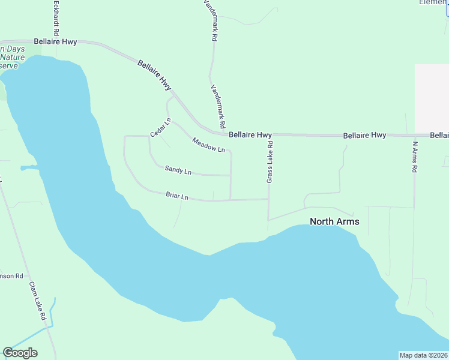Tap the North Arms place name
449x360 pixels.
334,221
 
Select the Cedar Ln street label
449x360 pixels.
161,127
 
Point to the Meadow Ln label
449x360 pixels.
208,145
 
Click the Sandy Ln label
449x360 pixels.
178,171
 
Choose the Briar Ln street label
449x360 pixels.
177,196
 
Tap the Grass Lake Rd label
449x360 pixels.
270,161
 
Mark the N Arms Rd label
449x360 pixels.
414,157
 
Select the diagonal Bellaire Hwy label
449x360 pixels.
154,75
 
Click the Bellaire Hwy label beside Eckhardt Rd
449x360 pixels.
55,41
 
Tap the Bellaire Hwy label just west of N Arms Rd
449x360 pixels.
364,136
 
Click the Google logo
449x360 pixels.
20,353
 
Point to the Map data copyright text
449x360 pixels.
423,355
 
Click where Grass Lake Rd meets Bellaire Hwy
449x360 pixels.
269,135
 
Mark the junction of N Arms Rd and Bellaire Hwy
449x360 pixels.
414,135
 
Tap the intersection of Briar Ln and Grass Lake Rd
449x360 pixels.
268,199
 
